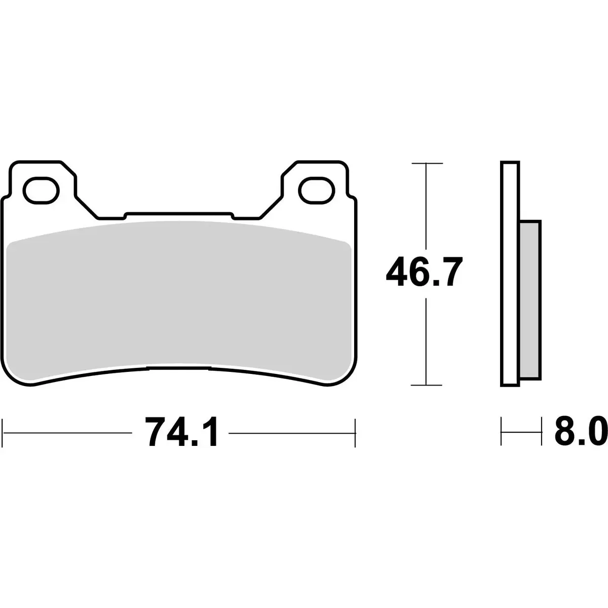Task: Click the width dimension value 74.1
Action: click(181, 432)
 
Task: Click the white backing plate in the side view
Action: click(510, 274)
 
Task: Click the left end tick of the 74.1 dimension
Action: click(4, 432)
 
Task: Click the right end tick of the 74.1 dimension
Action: click(355, 432)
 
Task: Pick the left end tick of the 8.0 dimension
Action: click(502, 432)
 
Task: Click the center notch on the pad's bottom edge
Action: click(178, 366)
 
